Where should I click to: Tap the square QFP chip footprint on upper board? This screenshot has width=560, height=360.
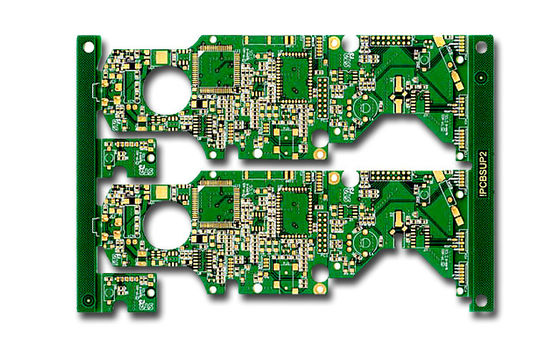pyautogui.click(x=217, y=68)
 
